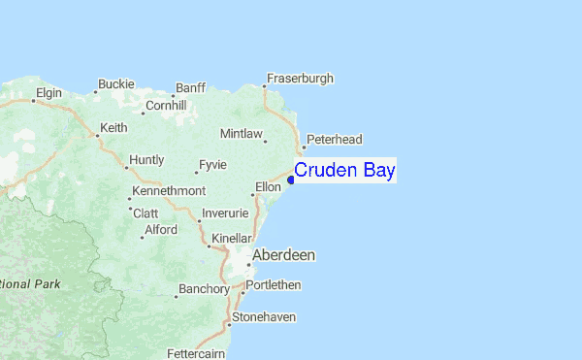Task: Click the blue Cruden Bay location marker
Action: (291, 180)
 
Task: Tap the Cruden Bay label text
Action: (344, 171)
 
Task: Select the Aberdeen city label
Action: (283, 255)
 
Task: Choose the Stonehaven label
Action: (264, 317)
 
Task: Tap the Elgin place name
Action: (48, 93)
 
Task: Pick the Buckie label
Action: (115, 84)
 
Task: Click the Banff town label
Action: (191, 87)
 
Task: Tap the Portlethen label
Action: (275, 285)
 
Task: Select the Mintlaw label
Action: (242, 133)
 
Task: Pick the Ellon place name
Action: (268, 186)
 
